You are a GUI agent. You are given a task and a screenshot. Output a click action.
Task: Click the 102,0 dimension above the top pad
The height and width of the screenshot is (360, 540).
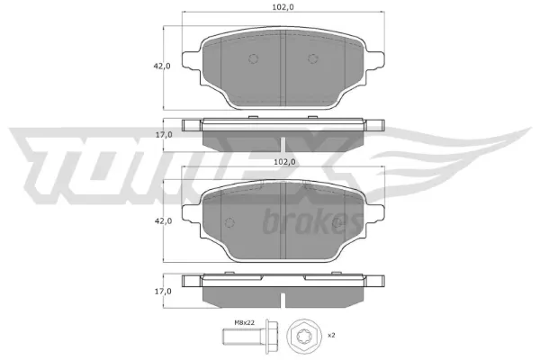coord(283,7)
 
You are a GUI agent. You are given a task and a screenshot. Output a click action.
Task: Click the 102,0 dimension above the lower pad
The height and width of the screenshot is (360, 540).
coord(284,162)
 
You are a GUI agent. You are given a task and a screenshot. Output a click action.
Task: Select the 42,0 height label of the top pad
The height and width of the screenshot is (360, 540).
coord(162,66)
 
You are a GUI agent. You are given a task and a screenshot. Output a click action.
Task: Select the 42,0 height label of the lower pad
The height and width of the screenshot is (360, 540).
coord(163,220)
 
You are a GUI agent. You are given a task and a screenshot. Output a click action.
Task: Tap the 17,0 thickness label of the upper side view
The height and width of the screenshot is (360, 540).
coord(164,135)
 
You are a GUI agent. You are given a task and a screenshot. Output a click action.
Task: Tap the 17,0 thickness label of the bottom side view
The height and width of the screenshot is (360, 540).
coord(163,292)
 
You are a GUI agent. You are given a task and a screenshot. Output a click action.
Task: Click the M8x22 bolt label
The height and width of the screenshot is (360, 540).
coord(245,323)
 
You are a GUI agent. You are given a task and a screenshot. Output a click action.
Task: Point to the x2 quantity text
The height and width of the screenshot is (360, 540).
coord(331,335)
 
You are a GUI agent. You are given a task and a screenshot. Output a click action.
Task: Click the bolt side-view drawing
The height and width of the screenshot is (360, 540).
coord(250,337)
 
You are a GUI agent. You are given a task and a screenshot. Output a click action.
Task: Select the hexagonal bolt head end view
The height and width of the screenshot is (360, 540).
coord(304,337)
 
